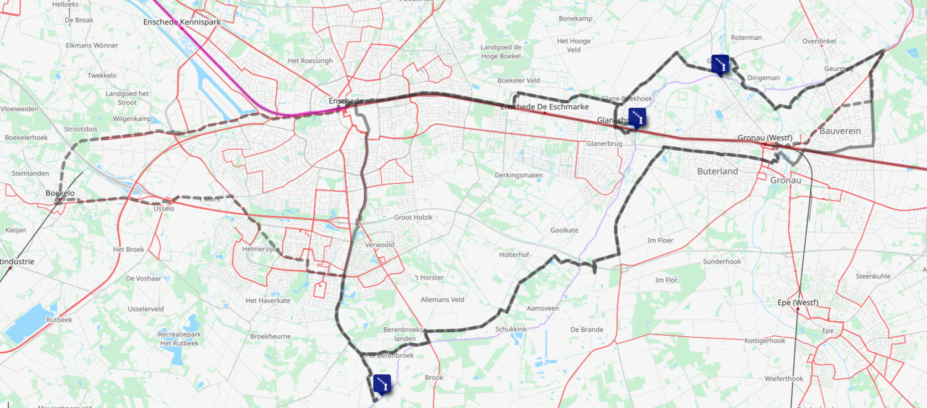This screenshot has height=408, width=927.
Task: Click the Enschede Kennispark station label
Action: [x=182, y=22]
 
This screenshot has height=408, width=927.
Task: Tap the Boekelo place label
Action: [x=60, y=193]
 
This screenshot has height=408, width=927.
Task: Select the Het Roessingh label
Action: [x=310, y=61]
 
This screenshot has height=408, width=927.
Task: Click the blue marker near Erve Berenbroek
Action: [x=382, y=383]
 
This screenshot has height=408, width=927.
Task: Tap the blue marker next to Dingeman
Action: [x=720, y=64]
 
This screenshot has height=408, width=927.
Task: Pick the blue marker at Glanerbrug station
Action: [x=637, y=117]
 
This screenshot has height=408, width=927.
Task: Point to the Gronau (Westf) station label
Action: [x=765, y=137]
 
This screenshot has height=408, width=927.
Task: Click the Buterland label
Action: [x=717, y=171]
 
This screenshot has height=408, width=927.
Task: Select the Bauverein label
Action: [x=840, y=131]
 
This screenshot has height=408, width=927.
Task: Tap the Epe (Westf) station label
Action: [x=797, y=303]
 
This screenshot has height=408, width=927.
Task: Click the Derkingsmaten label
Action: [x=518, y=175]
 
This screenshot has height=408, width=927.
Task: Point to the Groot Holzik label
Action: [x=413, y=218]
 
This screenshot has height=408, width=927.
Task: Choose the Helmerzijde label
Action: [x=261, y=249]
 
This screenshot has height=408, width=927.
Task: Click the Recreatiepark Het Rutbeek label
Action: [x=179, y=338]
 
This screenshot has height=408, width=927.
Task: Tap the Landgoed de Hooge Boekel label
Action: [x=501, y=51]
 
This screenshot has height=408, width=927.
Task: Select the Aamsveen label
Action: [x=542, y=309]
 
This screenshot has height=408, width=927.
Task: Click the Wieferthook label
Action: [x=783, y=379]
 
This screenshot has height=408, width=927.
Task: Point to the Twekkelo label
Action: [x=102, y=76]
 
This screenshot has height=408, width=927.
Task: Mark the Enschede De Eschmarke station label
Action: [x=544, y=107]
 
